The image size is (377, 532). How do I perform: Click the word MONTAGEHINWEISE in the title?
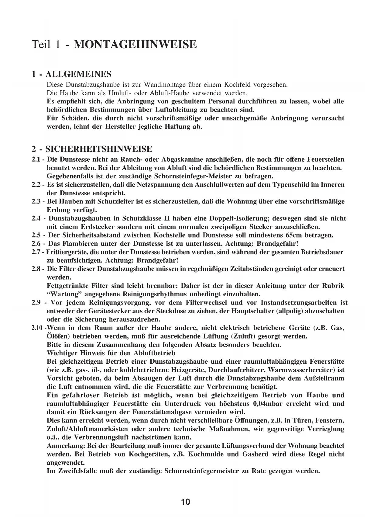click(135, 44)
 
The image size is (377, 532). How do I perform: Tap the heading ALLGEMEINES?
click(78, 74)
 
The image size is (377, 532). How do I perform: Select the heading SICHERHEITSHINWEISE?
click(99, 149)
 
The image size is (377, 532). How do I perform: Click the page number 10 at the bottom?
click(185, 502)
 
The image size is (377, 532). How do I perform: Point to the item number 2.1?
click(36, 160)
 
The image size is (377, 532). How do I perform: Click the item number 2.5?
click(36, 235)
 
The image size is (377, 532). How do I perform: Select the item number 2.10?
click(37, 328)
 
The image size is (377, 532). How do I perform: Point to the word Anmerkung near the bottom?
click(66, 446)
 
